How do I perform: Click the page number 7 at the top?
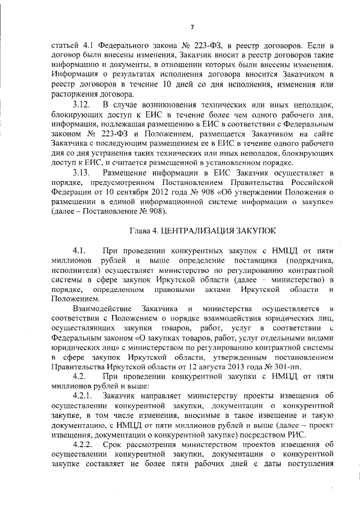(192, 27)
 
